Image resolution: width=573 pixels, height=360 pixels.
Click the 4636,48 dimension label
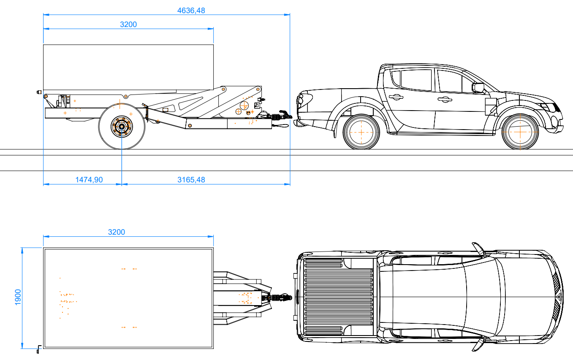[191, 11]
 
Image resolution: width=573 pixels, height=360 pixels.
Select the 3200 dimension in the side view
[128, 24]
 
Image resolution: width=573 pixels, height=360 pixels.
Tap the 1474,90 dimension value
[89, 180]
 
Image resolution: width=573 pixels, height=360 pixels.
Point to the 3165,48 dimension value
[191, 180]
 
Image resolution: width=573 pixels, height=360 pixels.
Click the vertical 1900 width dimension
[18, 297]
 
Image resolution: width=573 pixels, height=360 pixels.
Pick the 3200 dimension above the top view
[117, 232]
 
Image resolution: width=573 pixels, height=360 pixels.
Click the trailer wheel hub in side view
[122, 126]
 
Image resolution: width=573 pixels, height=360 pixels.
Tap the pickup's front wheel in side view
[520, 132]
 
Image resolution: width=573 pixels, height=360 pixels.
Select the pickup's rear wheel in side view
[361, 132]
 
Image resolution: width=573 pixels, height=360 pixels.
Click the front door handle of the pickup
[445, 100]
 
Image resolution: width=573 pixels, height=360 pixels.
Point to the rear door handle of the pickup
[396, 97]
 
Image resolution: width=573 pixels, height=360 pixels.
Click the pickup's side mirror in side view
[478, 88]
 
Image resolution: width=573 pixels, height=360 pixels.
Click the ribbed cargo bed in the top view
[338, 297]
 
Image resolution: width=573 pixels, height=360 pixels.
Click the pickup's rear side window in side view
[416, 80]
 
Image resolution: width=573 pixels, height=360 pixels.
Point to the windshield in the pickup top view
[481, 297]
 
